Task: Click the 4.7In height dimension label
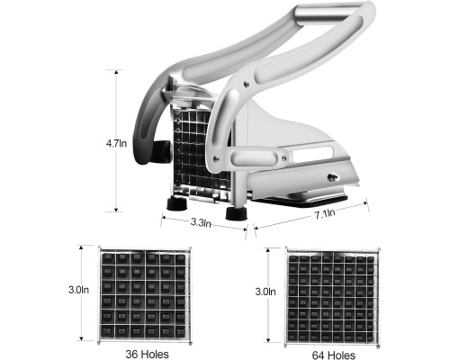(116, 143)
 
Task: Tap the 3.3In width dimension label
(201, 222)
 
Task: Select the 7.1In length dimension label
(325, 214)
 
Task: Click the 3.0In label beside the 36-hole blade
(78, 290)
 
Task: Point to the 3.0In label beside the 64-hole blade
(265, 292)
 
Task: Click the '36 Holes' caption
(147, 354)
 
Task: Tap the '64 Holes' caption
(334, 355)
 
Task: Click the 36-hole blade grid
(145, 296)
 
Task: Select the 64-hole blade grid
(332, 298)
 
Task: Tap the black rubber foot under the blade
(177, 203)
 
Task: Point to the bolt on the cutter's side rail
(332, 177)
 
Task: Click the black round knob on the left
(161, 151)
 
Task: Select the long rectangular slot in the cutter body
(313, 154)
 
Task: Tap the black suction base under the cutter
(300, 202)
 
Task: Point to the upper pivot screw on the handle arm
(247, 85)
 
